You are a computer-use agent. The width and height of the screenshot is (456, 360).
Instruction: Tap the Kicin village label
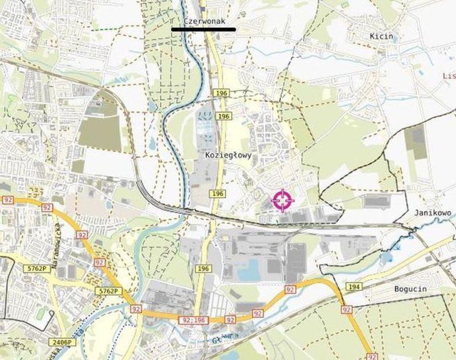click(381, 36)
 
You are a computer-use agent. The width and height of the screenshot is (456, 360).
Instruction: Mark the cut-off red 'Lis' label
click(449, 76)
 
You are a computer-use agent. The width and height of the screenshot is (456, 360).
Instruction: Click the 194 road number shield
click(354, 286)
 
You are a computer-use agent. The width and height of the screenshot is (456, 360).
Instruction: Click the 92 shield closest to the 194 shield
click(347, 309)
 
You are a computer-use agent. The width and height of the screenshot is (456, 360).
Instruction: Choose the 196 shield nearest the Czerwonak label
click(220, 92)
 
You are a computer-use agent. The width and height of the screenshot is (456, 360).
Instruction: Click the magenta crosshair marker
click(283, 201)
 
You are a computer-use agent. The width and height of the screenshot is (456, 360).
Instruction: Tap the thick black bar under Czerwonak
click(203, 29)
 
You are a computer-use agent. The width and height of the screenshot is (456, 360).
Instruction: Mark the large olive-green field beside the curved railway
click(100, 132)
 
